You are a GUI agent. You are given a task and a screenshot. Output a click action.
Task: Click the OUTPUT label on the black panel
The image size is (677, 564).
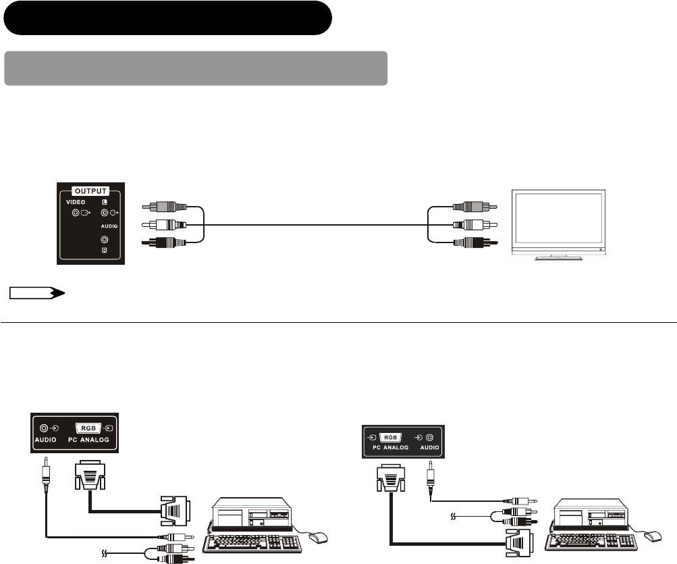91,190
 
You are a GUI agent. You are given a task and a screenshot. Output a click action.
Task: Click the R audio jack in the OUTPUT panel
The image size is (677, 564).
104,240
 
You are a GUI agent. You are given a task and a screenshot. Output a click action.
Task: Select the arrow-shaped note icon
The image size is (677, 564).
36,293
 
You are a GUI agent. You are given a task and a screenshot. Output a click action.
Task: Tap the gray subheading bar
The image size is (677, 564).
196,68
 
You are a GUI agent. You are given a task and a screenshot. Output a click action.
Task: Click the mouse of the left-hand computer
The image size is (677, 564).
319,538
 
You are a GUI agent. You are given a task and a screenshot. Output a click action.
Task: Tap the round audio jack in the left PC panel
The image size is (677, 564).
45,428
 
